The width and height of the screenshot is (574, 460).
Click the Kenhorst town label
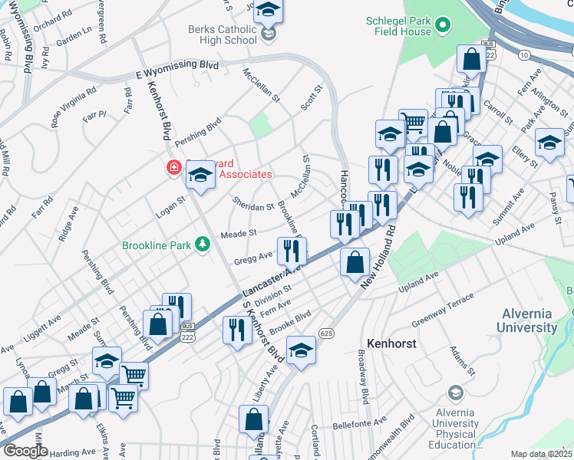[391, 343]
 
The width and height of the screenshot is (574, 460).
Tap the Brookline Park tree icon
[203, 245]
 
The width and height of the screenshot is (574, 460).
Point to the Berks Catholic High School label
[223, 34]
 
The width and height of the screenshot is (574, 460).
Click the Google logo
[25, 451]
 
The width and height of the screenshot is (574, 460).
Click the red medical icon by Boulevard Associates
[173, 167]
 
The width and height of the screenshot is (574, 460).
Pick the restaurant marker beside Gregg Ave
[292, 249]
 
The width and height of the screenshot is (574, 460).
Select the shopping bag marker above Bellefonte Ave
[253, 419]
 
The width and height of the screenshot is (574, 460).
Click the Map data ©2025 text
[542, 454]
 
